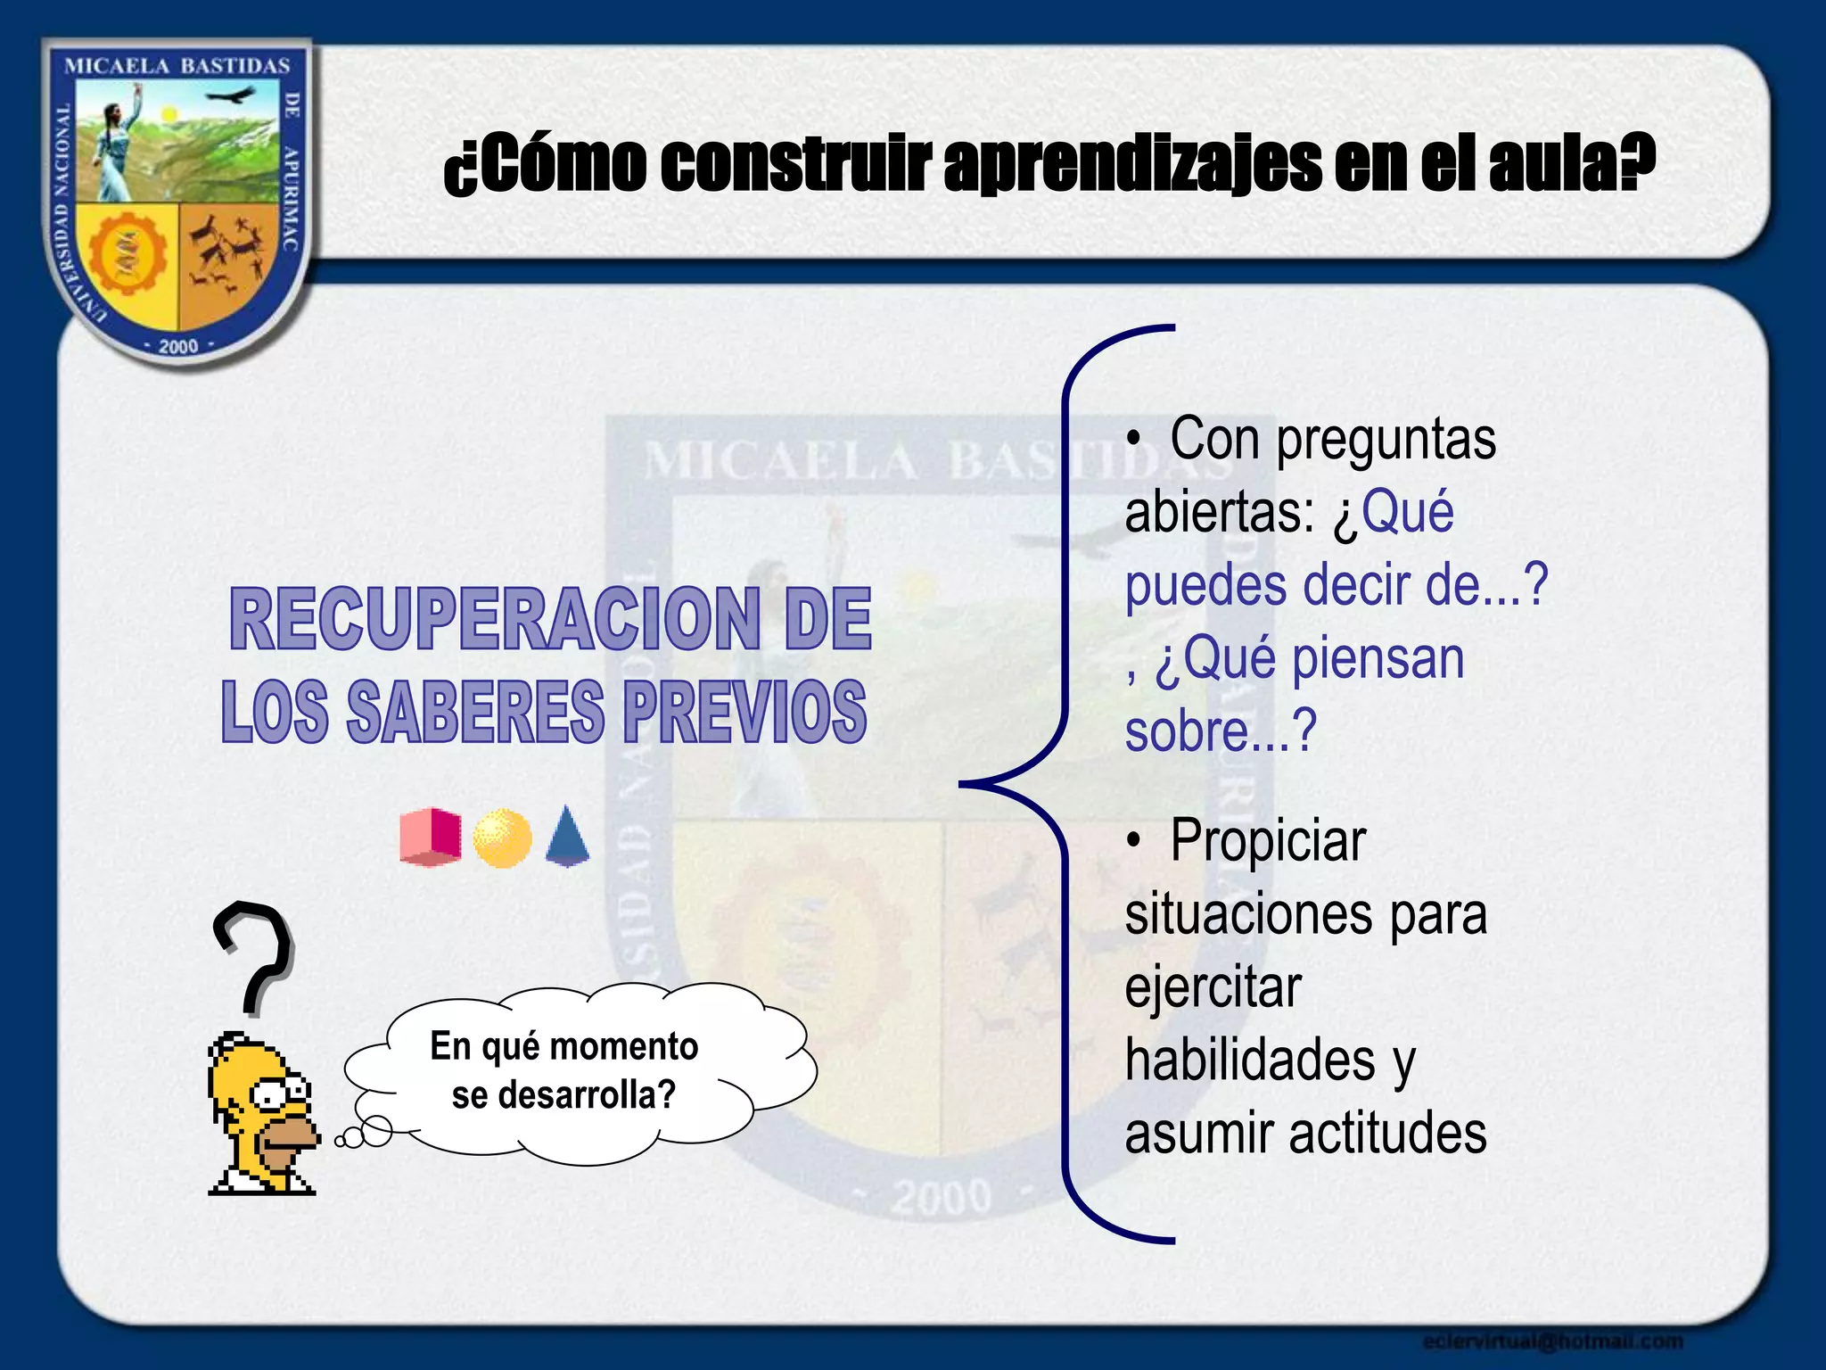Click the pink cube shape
(430, 837)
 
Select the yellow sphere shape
(502, 838)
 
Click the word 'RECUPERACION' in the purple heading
(495, 619)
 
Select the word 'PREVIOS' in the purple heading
(744, 711)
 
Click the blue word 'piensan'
(1378, 658)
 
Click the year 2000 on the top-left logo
(178, 346)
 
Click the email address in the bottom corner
(1552, 1341)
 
